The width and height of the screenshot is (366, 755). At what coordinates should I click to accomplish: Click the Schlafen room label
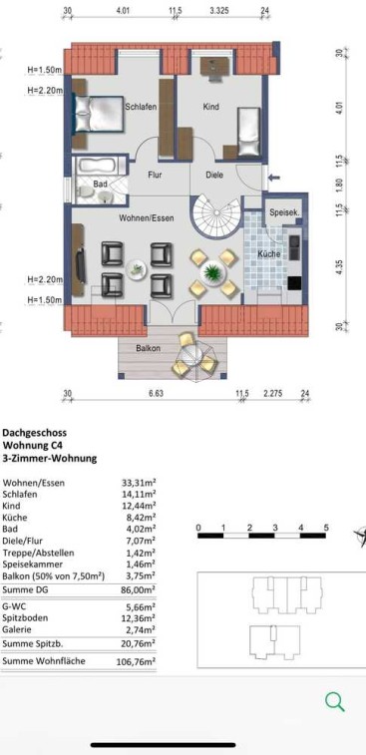pyautogui.click(x=141, y=107)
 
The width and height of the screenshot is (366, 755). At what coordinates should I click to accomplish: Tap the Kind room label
pyautogui.click(x=211, y=107)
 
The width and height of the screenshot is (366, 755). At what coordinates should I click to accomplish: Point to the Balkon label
pyautogui.click(x=148, y=348)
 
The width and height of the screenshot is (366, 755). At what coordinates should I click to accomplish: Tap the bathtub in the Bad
pyautogui.click(x=99, y=166)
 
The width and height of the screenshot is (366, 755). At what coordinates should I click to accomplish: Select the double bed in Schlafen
pyautogui.click(x=99, y=114)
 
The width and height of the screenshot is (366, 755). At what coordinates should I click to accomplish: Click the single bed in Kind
pyautogui.click(x=249, y=132)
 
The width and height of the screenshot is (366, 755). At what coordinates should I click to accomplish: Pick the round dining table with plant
pyautogui.click(x=211, y=272)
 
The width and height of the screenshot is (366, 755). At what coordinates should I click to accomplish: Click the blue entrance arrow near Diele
pyautogui.click(x=274, y=179)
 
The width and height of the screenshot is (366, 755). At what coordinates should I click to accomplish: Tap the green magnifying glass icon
pyautogui.click(x=335, y=702)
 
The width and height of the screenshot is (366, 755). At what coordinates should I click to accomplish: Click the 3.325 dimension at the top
pyautogui.click(x=219, y=9)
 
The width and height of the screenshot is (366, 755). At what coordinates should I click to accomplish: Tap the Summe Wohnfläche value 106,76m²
pyautogui.click(x=137, y=661)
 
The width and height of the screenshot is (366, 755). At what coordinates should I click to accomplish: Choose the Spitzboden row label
pyautogui.click(x=25, y=618)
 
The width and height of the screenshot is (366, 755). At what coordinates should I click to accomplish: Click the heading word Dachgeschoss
pyautogui.click(x=35, y=434)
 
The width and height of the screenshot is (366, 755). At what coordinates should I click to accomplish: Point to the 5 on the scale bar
pyautogui.click(x=326, y=528)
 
